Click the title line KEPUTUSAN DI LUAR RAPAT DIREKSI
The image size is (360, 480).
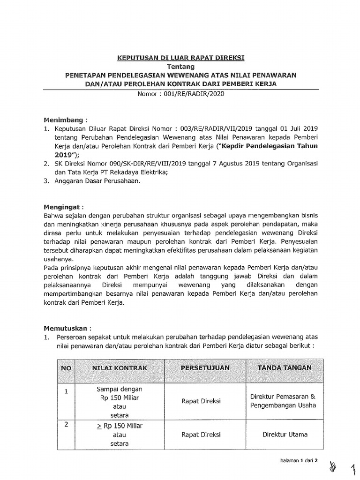point(180,58)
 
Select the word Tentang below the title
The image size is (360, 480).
point(180,67)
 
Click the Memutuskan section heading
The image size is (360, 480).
point(67,328)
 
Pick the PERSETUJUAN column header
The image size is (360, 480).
point(205,368)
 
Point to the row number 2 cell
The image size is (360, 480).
point(66,425)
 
